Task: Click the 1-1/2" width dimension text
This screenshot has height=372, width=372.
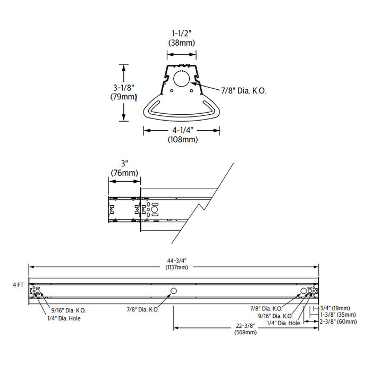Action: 182,33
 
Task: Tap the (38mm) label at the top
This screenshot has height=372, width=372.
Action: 182,43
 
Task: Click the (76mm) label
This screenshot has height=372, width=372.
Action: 124,173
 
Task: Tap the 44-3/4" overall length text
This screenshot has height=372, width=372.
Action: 174,260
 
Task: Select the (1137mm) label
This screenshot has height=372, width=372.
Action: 174,267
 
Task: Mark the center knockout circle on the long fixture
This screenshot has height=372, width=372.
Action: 173,291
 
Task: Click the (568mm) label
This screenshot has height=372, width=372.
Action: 246,333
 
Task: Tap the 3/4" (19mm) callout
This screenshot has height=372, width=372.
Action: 334,308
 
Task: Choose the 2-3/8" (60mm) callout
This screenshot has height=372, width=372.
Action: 337,322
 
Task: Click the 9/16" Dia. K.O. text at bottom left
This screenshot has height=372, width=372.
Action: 69,310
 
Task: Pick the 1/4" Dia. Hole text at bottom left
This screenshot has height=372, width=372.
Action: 66,318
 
